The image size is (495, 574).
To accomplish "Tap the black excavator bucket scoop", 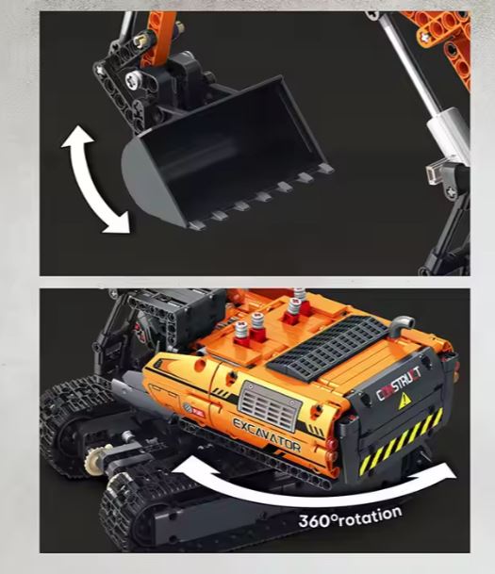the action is coord(223,154).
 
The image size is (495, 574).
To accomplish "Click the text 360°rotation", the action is coord(350,517).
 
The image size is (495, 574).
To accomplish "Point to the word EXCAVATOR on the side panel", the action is coord(267,435).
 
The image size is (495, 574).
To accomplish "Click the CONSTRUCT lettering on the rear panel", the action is coord(399,385).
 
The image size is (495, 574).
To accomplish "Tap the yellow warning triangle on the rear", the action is coord(404,402).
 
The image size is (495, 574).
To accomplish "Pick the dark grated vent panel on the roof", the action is coord(328,344).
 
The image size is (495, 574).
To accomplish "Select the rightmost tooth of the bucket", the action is coord(324,169).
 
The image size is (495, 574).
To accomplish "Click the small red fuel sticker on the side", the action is coord(198,412).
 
